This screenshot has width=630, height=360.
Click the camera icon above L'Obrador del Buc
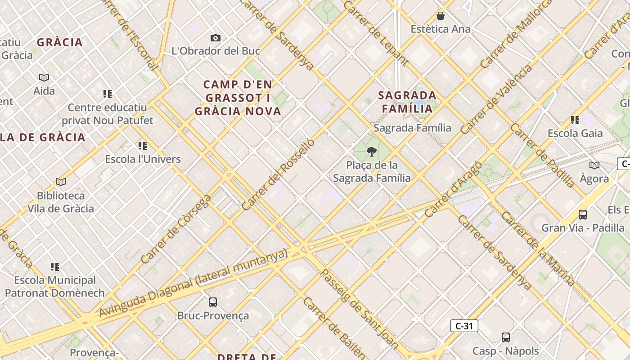pos(216,38)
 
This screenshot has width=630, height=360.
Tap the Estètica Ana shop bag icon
pos(441,16)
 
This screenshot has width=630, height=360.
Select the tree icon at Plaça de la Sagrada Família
pos(372,151)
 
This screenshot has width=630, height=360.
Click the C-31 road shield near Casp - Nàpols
pos(464,326)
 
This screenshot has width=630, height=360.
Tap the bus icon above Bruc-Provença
pos(213,302)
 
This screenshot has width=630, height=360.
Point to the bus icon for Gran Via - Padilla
pos(583,214)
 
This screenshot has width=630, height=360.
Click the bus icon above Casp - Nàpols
pos(506,337)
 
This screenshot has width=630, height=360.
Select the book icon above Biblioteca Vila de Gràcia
pos(61,182)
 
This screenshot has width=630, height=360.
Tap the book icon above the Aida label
pos(44,77)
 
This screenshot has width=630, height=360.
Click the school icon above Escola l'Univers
pos(143,145)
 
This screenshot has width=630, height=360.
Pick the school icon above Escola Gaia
pos(575,120)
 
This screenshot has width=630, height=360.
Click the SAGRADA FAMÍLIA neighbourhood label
pos(407,102)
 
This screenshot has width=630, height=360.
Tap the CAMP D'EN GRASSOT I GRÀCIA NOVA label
pos(238,98)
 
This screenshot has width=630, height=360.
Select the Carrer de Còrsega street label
pos(175,229)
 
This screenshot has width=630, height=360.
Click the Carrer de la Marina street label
pos(538,248)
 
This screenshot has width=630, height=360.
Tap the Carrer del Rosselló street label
pos(278,175)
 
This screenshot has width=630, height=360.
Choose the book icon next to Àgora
pos(594,165)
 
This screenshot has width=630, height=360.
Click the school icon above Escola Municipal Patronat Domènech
pos(55,266)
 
